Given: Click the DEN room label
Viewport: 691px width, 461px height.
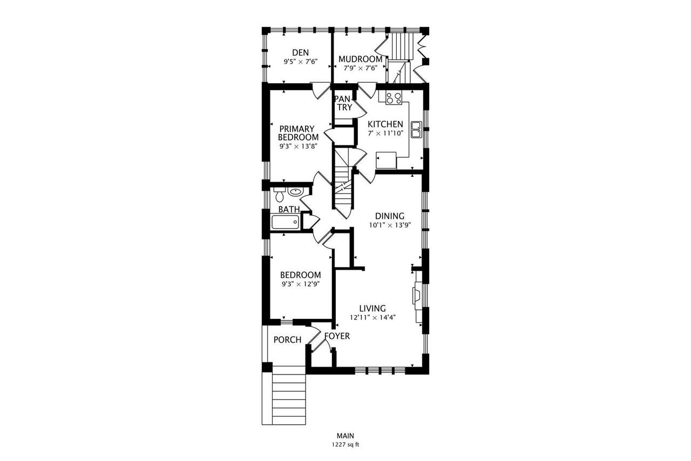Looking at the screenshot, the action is point(300,52).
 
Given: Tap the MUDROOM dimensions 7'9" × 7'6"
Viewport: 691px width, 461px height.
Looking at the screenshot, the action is point(360,68).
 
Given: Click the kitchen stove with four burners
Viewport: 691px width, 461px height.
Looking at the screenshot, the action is point(394,98).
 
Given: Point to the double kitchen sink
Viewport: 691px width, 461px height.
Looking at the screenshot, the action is point(416,130).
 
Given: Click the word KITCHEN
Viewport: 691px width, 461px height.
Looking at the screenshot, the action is point(385,124).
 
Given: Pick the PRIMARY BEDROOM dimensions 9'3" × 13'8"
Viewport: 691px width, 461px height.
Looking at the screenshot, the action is point(299,146).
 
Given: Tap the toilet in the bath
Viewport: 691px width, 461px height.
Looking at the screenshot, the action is point(279,195).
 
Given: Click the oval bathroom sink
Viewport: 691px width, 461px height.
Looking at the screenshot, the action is point(295,192).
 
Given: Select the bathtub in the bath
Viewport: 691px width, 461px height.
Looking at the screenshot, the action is point(286,222).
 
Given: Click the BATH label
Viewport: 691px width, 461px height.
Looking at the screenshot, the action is point(289,209).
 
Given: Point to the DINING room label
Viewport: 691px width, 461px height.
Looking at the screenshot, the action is point(390,216).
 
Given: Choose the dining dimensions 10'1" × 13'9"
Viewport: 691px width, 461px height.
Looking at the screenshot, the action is point(390,225).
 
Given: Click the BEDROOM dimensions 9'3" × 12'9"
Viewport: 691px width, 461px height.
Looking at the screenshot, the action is point(300,284).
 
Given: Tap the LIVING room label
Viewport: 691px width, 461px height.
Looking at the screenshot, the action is point(372,308).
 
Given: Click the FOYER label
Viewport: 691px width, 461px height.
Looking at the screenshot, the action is point(337,336).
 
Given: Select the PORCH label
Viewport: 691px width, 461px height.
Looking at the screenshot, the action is point(287,339).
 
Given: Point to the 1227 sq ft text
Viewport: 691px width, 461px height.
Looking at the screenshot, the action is point(345,445).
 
